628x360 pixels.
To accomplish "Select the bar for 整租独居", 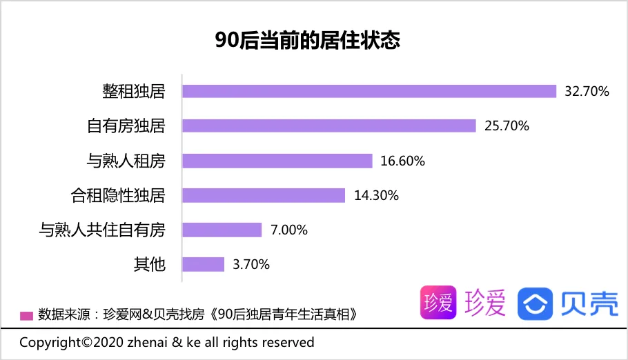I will pos(369,91).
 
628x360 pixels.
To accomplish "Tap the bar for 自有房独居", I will pos(329,126).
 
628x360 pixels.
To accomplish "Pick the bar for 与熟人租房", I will pos(277,161).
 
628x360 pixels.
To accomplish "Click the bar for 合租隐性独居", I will pos(264,195).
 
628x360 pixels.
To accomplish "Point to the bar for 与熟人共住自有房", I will pos(222,230).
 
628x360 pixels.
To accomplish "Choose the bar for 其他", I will pos(204,264).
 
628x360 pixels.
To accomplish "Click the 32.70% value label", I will pos(587,91).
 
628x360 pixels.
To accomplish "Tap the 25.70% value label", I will pos(507,126).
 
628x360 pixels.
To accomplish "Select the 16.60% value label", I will pos(402,161).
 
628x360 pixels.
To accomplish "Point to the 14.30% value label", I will pos(376,195).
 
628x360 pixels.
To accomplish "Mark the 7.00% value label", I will pos(289,230).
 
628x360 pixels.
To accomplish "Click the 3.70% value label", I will pos(251,264).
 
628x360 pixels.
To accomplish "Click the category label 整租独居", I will pos(134,91).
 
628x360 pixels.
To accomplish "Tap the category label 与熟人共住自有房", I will pos(102,230).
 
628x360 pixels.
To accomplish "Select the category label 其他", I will pos(150,264).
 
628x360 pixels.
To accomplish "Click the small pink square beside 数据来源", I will pos(27,316).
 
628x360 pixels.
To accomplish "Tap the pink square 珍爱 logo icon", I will pos(438,303).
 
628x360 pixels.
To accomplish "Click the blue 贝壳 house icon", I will pos(536,303).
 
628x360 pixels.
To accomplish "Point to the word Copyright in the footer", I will pos(50,343).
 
